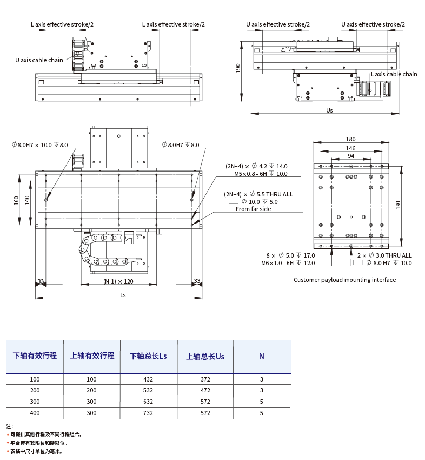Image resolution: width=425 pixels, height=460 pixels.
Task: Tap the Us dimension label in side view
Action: coord(329,110)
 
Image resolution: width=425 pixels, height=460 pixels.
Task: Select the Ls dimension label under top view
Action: coord(123,294)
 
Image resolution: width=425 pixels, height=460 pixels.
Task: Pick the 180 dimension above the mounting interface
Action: coord(351,139)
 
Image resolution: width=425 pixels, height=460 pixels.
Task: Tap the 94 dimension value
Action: coord(351,156)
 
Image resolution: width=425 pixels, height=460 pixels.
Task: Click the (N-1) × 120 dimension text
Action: coord(118,281)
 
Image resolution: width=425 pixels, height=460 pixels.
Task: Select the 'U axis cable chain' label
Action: coord(39,60)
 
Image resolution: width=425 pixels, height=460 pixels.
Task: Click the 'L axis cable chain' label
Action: coord(394,74)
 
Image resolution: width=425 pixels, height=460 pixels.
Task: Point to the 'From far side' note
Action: coord(253,209)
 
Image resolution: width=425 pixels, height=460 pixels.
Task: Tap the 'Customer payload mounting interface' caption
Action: coord(344,280)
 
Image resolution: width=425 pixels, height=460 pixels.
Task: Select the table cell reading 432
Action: coord(149,379)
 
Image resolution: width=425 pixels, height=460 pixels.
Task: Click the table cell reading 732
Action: coord(149,413)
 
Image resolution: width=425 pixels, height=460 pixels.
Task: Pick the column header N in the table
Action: coord(261,356)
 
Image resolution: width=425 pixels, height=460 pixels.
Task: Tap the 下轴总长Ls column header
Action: coord(149,356)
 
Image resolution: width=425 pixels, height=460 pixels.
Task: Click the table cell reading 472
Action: coord(205,390)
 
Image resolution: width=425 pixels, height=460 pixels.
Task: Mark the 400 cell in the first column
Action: coord(35,413)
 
